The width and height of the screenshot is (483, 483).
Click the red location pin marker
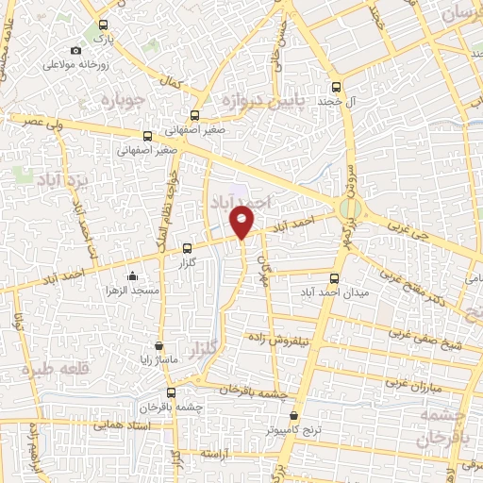(242, 222)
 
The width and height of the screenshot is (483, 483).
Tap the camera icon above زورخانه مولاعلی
(75, 51)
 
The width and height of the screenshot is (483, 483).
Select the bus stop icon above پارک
(103, 26)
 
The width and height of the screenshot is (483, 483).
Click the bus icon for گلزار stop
(186, 249)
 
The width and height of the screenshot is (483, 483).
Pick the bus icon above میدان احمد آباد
(335, 278)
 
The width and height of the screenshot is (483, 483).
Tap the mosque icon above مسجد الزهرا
(132, 276)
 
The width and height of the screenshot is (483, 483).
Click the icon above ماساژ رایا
(158, 345)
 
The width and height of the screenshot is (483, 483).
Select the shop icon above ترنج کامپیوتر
(294, 414)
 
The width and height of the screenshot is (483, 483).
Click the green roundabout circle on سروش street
(350, 208)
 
